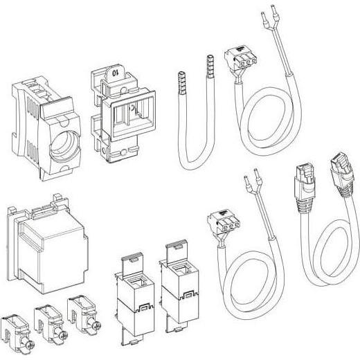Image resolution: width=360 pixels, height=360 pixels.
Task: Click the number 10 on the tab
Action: (x=115, y=73)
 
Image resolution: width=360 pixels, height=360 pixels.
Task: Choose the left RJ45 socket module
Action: (x=134, y=299)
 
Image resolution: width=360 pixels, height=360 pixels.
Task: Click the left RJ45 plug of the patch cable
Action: (x=305, y=185)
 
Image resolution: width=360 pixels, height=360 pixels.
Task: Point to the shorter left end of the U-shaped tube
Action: (x=182, y=83)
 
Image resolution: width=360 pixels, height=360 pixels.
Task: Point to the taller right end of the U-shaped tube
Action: (x=210, y=66)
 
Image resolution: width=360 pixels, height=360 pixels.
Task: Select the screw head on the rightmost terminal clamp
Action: (x=97, y=325)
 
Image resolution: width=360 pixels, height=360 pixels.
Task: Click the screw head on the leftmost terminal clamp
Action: (x=30, y=345)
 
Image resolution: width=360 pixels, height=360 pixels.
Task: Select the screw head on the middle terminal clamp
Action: (x=63, y=336)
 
